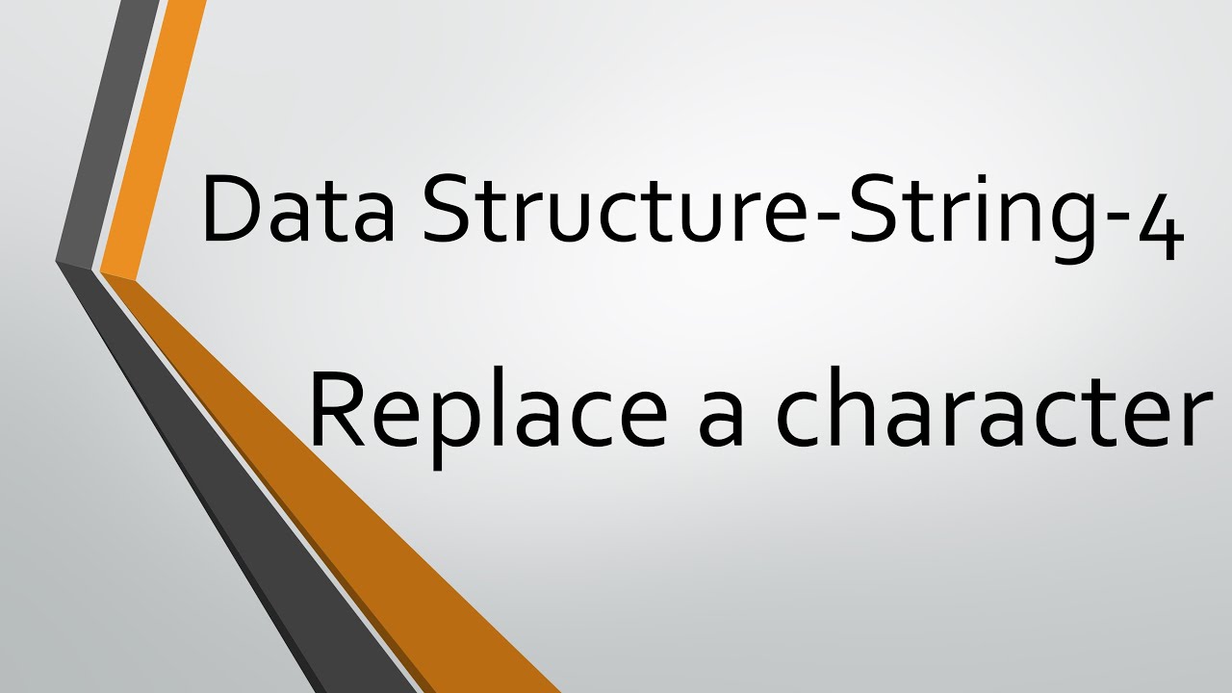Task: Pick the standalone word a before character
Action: pos(722,422)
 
